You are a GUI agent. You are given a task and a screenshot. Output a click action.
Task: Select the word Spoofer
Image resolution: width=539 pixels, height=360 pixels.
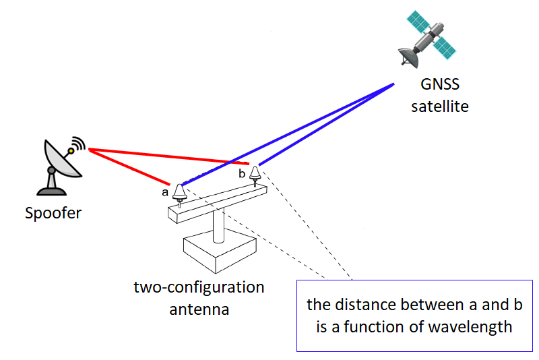[x=53, y=214]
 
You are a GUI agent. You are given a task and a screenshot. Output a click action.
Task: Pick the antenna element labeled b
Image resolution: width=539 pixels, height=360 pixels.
[x=255, y=175]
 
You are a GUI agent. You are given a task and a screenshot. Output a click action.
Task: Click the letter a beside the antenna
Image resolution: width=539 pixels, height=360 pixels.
[x=165, y=192]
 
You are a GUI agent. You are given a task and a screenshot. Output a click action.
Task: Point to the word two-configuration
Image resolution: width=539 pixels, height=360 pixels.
[x=199, y=288]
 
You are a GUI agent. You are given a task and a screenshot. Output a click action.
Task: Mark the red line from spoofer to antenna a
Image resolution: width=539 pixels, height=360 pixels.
[x=128, y=167]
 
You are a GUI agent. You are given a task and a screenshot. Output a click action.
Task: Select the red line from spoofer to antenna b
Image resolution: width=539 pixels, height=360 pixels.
[x=168, y=156]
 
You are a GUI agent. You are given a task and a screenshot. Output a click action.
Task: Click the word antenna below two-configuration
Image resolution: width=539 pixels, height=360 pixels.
[x=199, y=310]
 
